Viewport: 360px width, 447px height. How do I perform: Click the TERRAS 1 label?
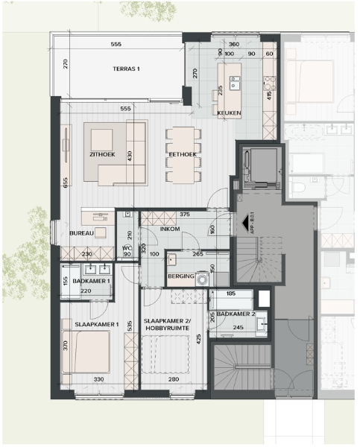pos(126,69)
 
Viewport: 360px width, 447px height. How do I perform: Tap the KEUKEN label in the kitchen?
pos(229,112)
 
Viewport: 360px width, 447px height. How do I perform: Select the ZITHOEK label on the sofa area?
pos(101,154)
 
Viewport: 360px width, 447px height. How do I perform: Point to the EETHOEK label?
pos(183,154)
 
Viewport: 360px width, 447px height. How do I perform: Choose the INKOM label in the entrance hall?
pos(171,229)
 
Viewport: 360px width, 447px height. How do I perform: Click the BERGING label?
pos(181,277)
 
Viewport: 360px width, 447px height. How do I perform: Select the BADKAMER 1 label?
pos(86,281)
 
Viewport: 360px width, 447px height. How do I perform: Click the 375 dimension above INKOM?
pos(185,214)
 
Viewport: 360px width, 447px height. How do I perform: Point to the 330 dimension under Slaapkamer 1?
pos(98,380)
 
